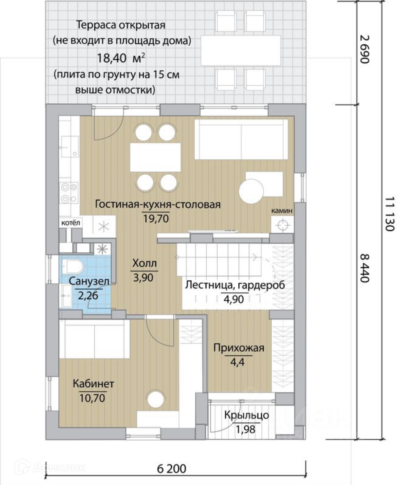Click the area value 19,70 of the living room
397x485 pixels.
(x=156, y=219)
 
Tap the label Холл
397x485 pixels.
(x=145, y=263)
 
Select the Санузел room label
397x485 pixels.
(x=89, y=281)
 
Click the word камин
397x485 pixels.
(x=282, y=210)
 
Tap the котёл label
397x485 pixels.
(x=70, y=223)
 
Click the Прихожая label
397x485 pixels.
(x=239, y=348)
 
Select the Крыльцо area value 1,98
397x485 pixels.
(x=245, y=429)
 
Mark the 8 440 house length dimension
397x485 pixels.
(x=364, y=268)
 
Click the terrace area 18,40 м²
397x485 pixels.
(x=121, y=58)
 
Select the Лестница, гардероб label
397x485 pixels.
(x=235, y=285)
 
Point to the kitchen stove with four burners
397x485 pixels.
(x=69, y=193)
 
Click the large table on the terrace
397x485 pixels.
(x=241, y=50)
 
